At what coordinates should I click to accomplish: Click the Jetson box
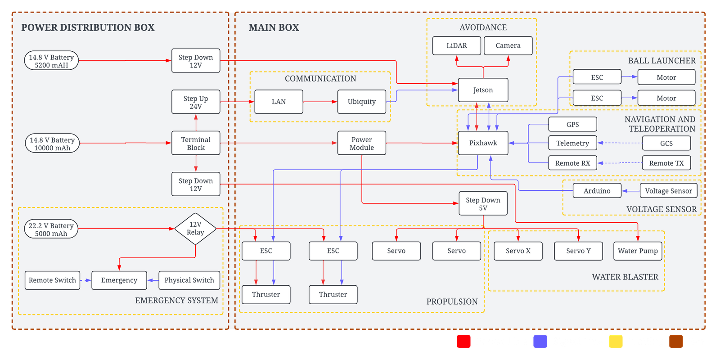(483, 90)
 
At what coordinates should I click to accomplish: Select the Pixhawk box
(483, 143)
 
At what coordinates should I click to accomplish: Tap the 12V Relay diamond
(195, 229)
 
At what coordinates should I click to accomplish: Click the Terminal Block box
(196, 143)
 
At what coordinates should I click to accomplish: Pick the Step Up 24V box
(196, 102)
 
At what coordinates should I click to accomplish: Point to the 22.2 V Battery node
(51, 229)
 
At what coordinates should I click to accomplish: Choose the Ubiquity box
(362, 102)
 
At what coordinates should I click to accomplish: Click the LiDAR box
(456, 46)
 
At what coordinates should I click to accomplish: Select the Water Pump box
(638, 251)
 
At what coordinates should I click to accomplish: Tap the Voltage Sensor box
(668, 191)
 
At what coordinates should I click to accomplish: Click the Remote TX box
(666, 163)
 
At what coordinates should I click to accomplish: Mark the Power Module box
(362, 143)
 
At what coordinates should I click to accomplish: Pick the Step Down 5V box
(483, 203)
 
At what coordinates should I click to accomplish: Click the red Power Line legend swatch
(463, 341)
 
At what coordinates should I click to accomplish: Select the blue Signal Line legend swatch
(540, 341)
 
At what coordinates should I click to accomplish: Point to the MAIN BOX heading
(274, 27)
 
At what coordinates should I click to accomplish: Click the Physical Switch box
(189, 280)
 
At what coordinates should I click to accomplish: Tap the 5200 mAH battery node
(51, 61)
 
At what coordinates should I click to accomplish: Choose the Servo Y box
(578, 251)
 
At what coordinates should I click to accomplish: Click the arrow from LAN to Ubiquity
(320, 102)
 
